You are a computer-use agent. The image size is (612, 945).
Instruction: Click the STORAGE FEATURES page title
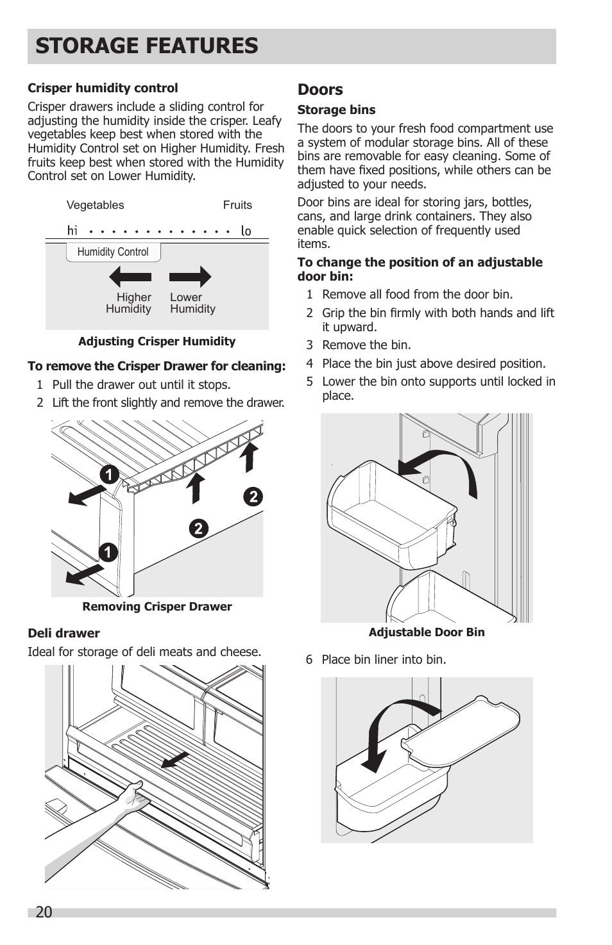click(x=147, y=46)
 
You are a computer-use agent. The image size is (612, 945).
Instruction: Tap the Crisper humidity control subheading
click(x=103, y=88)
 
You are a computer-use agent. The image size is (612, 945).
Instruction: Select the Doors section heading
click(x=320, y=90)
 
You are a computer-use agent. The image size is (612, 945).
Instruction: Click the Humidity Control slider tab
click(x=113, y=252)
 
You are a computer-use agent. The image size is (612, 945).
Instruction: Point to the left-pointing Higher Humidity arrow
click(x=130, y=277)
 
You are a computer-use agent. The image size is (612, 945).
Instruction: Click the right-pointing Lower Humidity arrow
click(x=190, y=277)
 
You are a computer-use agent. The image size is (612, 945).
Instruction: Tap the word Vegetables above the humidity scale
click(x=95, y=205)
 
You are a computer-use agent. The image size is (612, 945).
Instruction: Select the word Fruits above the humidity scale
click(x=237, y=205)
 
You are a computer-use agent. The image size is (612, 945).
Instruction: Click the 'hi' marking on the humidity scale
click(x=72, y=230)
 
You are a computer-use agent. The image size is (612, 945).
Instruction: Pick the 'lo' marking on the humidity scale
click(x=246, y=231)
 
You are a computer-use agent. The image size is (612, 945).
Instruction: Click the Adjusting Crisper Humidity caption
click(x=157, y=341)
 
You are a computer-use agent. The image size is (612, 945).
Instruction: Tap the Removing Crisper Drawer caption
click(x=157, y=607)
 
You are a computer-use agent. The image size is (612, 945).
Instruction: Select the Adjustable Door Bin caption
click(x=427, y=632)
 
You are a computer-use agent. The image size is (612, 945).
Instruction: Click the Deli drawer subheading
click(x=64, y=634)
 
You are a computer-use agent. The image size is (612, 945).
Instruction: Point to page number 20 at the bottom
click(x=44, y=912)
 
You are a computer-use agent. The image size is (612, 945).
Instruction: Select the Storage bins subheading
click(x=336, y=110)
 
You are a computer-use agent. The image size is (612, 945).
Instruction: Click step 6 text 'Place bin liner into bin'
click(x=383, y=660)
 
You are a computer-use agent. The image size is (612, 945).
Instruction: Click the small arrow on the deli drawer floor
click(x=174, y=760)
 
